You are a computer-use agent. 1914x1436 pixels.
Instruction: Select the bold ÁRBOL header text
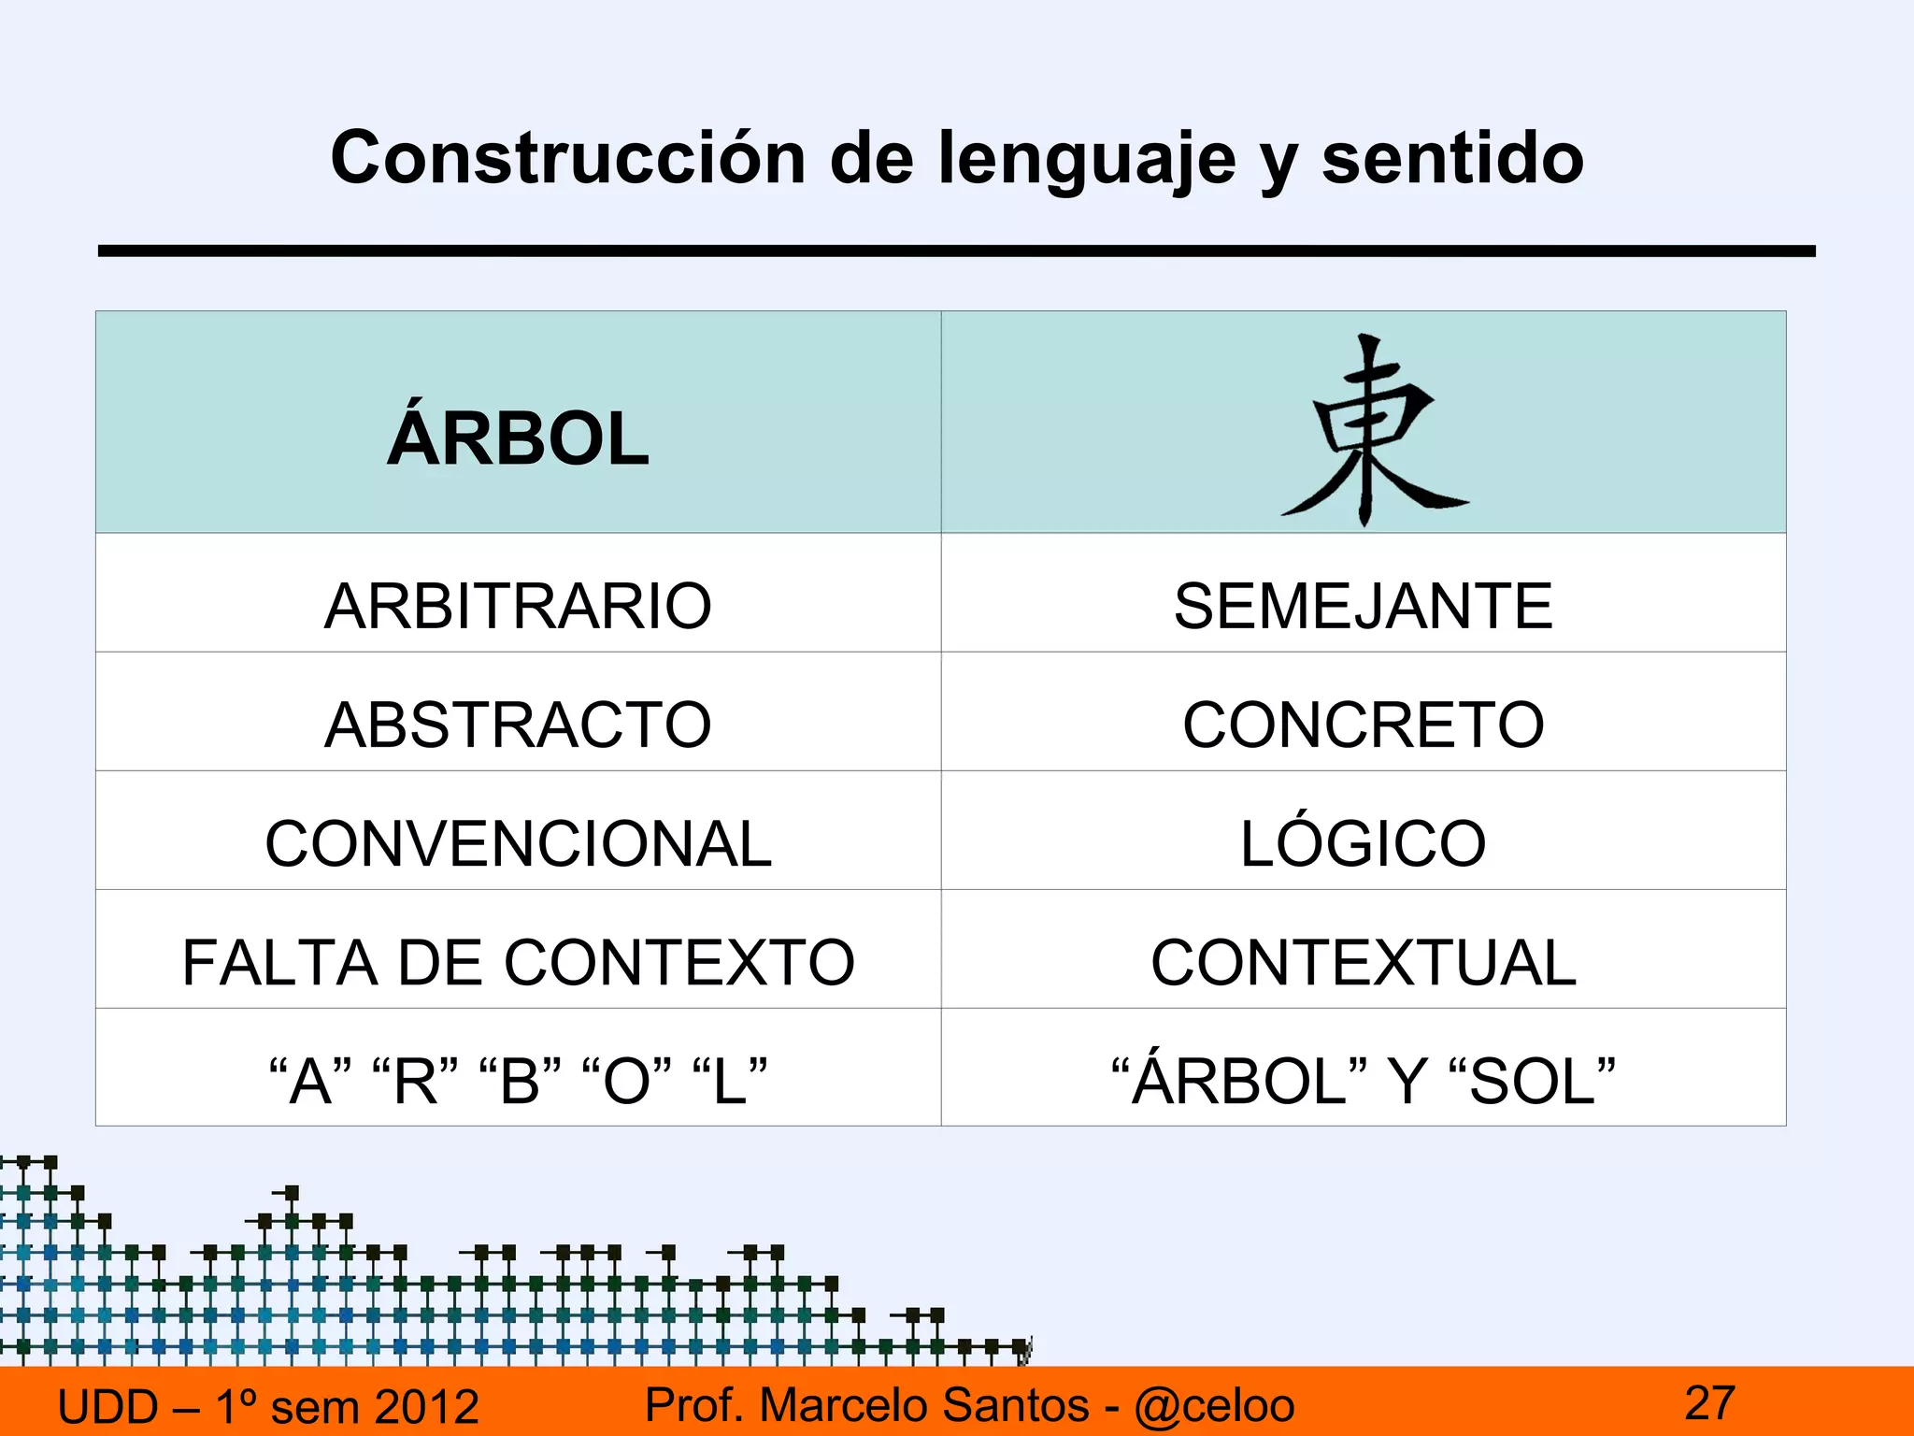pyautogui.click(x=519, y=438)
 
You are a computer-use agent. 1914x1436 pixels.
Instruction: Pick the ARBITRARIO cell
pyautogui.click(x=518, y=606)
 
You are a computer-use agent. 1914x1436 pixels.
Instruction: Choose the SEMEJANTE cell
pyautogui.click(x=1363, y=606)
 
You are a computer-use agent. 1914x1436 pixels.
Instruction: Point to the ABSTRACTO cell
pyautogui.click(x=518, y=725)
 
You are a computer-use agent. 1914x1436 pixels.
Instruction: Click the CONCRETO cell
pyautogui.click(x=1363, y=725)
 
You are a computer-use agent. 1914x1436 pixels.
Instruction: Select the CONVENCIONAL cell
pyautogui.click(x=518, y=843)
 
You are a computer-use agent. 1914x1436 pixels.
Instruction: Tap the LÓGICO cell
pyautogui.click(x=1363, y=843)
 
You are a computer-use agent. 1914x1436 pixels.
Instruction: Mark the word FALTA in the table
pyautogui.click(x=279, y=962)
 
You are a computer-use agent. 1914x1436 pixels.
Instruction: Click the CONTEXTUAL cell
pyautogui.click(x=1363, y=962)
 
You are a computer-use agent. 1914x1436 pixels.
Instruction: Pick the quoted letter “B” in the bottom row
pyautogui.click(x=520, y=1081)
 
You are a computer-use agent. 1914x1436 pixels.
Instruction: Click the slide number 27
pyautogui.click(x=1709, y=1402)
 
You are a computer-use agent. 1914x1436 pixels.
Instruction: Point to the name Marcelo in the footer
pyautogui.click(x=847, y=1405)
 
